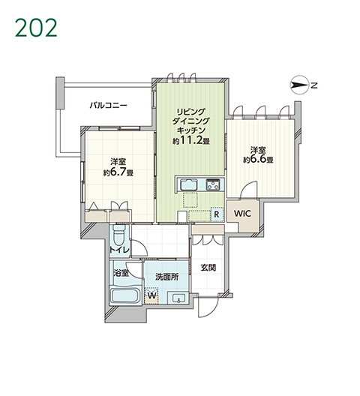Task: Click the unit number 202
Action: click(x=36, y=28)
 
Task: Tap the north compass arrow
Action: click(x=299, y=85)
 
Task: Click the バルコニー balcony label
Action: click(x=109, y=105)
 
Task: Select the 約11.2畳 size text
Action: click(x=191, y=140)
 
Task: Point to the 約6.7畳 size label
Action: click(x=118, y=172)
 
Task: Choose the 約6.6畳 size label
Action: click(x=258, y=159)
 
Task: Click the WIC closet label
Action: click(x=242, y=214)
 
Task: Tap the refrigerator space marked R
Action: click(x=217, y=214)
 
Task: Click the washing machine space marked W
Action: click(x=151, y=295)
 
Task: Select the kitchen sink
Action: click(x=189, y=184)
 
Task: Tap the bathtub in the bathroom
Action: click(x=125, y=295)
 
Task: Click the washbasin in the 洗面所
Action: click(x=178, y=298)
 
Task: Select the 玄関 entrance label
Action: click(x=208, y=268)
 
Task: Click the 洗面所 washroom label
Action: click(x=167, y=277)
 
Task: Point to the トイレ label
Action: click(x=119, y=250)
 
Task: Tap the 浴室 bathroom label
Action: click(x=121, y=273)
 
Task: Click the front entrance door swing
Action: click(x=208, y=307)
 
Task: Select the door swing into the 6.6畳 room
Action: click(x=249, y=190)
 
